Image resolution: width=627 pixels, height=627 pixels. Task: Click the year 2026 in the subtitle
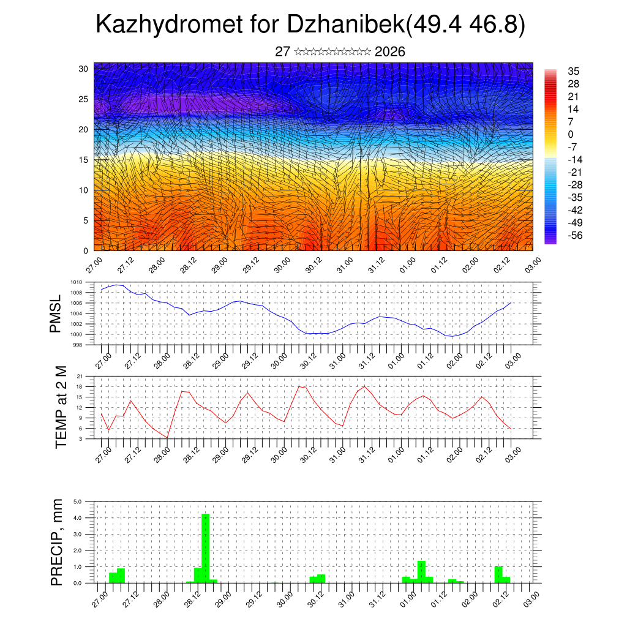389,51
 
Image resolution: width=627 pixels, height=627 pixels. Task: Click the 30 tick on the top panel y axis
83,69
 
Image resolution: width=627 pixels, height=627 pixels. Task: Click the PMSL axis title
56,313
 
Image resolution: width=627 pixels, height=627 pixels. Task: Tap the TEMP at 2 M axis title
61,407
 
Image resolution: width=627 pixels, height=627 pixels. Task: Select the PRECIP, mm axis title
58,542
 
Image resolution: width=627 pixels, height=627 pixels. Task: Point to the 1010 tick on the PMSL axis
76,282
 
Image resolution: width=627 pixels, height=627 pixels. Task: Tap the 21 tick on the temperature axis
80,376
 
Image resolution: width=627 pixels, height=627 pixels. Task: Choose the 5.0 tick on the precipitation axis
78,501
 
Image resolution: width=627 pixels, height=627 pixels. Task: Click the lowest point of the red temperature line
167,437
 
